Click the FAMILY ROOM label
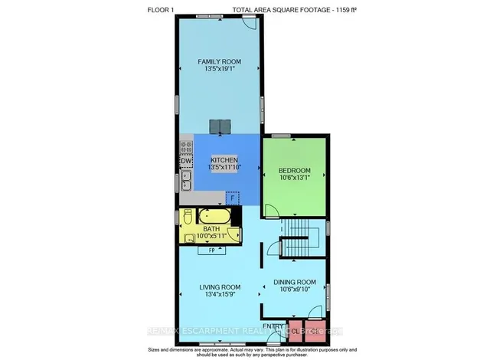point(220,61)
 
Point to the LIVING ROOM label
point(220,287)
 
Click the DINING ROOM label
point(294,282)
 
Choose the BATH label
point(211,229)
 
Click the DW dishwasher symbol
point(185,162)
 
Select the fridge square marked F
point(232,198)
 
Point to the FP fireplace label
point(211,250)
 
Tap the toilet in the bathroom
point(186,219)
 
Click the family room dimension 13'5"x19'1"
point(220,69)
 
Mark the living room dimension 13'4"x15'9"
point(220,295)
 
